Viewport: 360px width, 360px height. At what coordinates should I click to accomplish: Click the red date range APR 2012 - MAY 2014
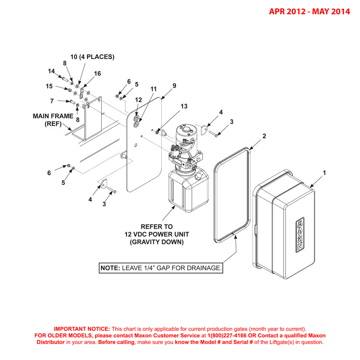pyautogui.click(x=310, y=11)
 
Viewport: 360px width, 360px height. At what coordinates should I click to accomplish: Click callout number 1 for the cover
pyautogui.click(x=324, y=173)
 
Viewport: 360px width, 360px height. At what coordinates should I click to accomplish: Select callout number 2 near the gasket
pyautogui.click(x=264, y=136)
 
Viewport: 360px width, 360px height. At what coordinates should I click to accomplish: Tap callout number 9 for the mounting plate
pyautogui.click(x=174, y=86)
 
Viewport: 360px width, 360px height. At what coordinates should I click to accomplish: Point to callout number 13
pyautogui.click(x=184, y=106)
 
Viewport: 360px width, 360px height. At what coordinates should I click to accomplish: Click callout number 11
pyautogui.click(x=153, y=89)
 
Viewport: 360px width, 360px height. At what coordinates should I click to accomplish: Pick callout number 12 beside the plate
pyautogui.click(x=138, y=100)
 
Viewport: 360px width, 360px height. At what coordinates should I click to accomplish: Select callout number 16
pyautogui.click(x=97, y=73)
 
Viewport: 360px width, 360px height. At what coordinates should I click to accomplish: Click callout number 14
pyautogui.click(x=52, y=71)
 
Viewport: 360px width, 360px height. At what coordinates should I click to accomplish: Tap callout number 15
pyautogui.click(x=49, y=86)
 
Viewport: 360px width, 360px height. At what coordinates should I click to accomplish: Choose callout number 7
pyautogui.click(x=52, y=101)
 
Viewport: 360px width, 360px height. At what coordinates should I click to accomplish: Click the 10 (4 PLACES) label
pyautogui.click(x=92, y=57)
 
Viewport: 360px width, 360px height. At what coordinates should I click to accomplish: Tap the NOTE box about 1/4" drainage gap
pyautogui.click(x=161, y=268)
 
